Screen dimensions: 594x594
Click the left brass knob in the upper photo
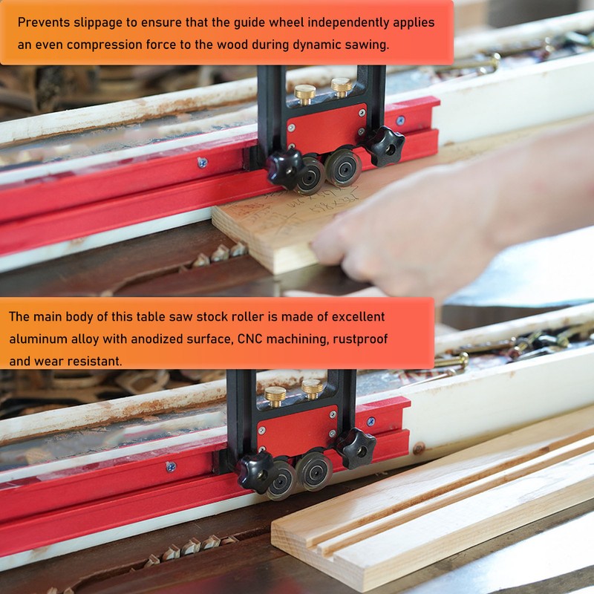click(x=304, y=93)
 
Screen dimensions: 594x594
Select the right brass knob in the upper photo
click(x=341, y=87)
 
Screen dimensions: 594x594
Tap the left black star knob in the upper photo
click(x=284, y=165)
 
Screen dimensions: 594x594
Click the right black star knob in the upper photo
click(x=386, y=145)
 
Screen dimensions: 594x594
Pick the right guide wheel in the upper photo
click(x=344, y=167)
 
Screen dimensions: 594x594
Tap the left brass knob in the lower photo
click(x=275, y=394)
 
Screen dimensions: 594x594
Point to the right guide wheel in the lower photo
click(x=314, y=471)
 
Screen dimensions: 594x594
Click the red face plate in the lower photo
click(x=297, y=428)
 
